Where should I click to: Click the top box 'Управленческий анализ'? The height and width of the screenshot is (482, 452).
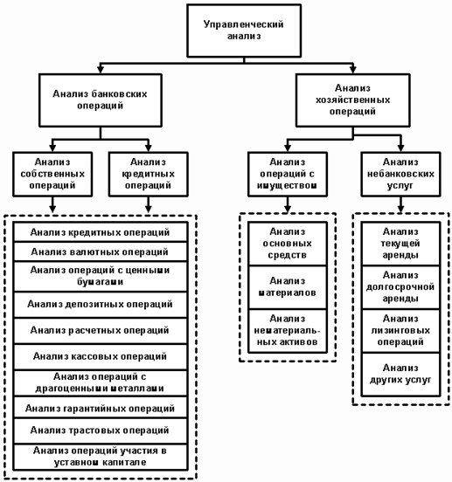pos(244,31)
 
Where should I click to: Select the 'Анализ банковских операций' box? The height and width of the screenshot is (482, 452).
pos(101,100)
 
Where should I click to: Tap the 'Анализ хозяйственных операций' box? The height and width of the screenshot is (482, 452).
pos(352,100)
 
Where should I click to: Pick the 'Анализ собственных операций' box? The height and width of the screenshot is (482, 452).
pos(52,174)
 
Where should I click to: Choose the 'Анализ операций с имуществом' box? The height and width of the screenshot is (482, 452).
pos(288,174)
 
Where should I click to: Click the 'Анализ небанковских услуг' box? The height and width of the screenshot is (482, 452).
pos(400,174)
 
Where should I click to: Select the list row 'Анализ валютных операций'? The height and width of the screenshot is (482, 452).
pos(101,251)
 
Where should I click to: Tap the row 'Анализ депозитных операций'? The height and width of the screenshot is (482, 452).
pos(101,305)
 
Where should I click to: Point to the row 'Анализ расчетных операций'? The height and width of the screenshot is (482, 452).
pos(101,331)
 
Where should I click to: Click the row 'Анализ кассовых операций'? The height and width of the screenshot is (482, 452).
pos(101,357)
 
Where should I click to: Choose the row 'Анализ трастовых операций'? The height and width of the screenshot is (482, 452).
pos(101,430)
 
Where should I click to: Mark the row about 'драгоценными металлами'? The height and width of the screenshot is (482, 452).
pos(101,383)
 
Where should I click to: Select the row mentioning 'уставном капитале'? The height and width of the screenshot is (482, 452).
pos(101,457)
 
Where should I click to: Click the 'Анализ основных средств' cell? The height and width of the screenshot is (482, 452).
pos(288,244)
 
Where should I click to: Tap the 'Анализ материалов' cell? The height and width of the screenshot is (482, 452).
pos(288,287)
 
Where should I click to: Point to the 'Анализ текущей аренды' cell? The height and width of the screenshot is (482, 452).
pos(400,244)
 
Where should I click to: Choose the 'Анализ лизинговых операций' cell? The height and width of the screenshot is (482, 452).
pos(400,331)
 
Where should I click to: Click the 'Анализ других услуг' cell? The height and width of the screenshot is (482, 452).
pos(400,375)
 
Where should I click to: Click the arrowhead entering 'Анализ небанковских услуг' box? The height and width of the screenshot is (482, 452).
pos(400,148)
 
